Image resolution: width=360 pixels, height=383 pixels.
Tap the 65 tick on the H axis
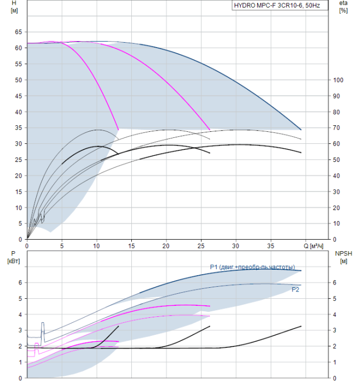18,32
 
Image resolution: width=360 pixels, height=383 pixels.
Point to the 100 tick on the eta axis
339,80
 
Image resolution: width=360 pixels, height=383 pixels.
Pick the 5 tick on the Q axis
62,246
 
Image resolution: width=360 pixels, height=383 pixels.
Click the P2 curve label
295,288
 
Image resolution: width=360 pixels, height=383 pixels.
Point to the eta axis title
344,7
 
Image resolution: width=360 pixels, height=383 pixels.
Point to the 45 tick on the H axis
18,96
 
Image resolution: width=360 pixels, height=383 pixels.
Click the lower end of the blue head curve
301,130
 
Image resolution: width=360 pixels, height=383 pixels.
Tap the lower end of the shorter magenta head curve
118,129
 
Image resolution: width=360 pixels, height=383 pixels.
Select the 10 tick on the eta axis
337,223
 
